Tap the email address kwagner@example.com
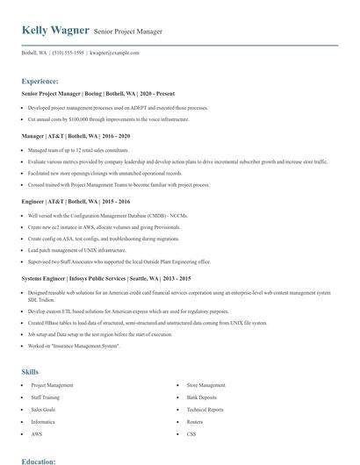point(114,53)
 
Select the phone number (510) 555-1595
point(68,53)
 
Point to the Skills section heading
point(30,371)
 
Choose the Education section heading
point(39,460)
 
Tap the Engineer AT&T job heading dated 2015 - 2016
point(77,201)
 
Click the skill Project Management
point(52,384)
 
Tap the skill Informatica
point(45,421)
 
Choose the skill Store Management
point(206,384)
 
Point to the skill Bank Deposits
point(202,397)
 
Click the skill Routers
point(196,421)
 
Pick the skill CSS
point(191,433)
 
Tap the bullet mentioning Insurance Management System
point(74,346)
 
